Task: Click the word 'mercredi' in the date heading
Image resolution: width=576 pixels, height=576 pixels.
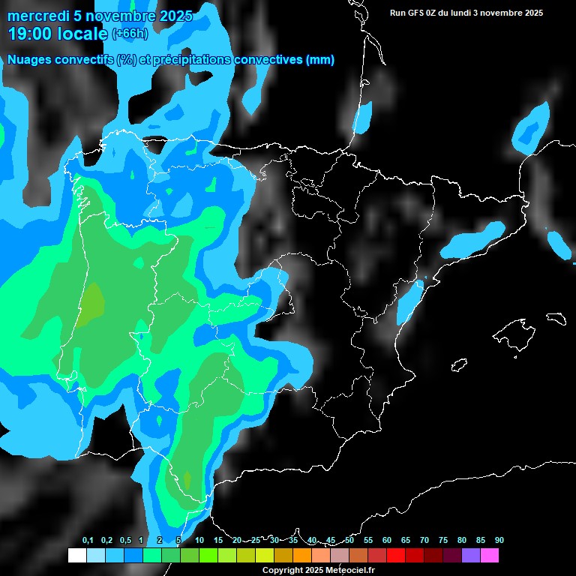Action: pos(39,16)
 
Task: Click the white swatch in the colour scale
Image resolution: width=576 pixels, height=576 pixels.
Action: pos(76,555)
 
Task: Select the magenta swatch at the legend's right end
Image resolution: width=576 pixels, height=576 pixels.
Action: pos(490,555)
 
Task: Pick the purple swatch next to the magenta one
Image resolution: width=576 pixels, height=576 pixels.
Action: pos(471,555)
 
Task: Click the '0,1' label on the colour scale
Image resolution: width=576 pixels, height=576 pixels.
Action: pos(88,540)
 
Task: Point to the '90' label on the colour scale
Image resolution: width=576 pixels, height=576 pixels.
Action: pos(499,540)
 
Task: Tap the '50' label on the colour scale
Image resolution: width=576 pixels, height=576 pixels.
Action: pos(349,540)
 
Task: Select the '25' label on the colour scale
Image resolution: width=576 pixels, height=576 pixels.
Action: pos(256,540)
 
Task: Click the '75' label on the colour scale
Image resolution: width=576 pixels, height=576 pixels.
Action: pos(443,540)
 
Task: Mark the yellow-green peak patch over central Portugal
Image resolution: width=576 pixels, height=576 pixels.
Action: pos(92,302)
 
